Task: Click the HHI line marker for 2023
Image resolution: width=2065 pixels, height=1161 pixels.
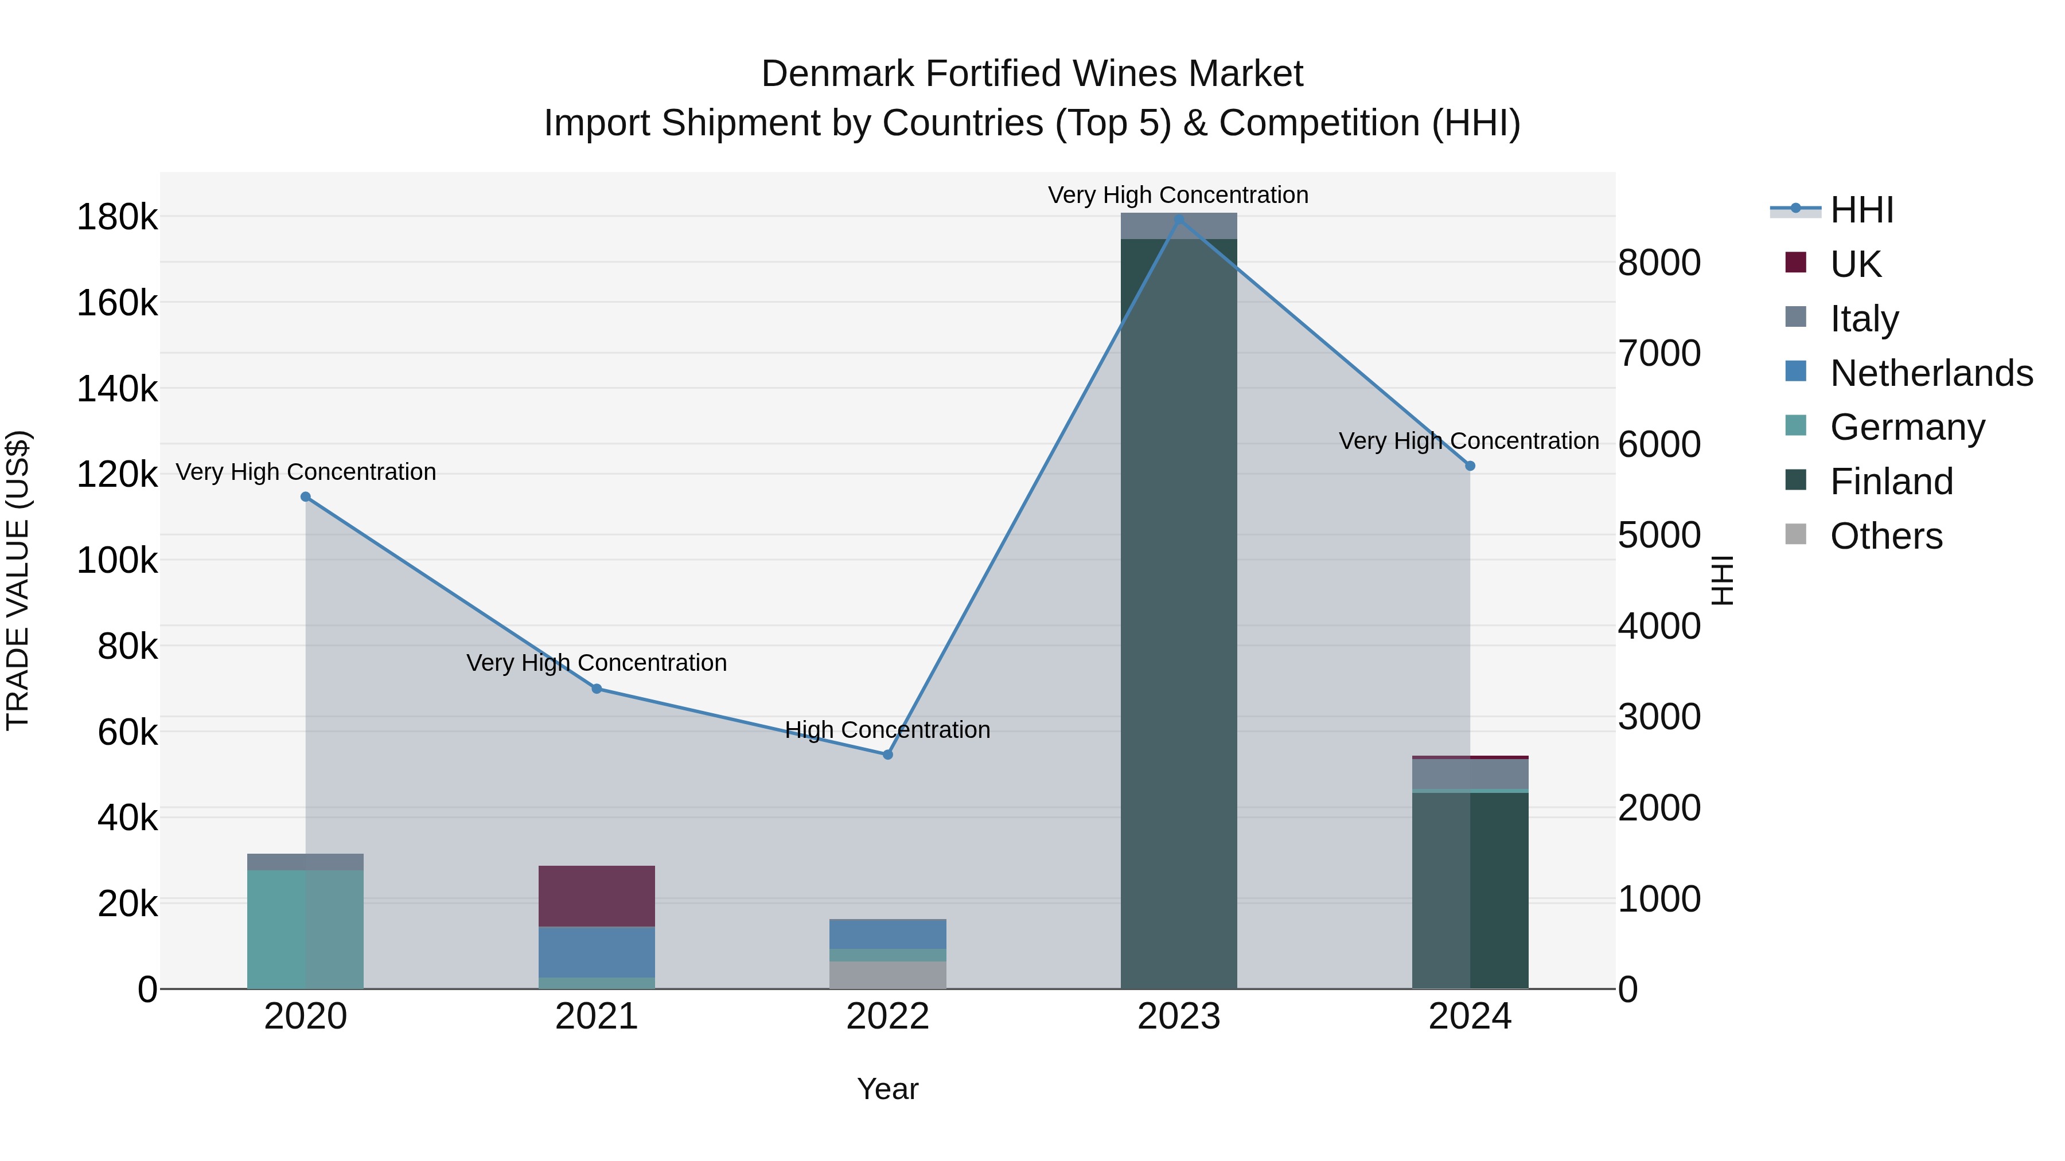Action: [1178, 220]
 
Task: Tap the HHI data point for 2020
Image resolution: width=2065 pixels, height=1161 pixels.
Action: [305, 497]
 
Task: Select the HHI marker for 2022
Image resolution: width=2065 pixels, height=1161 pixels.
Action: [887, 755]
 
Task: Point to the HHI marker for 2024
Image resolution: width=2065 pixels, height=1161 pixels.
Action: [1470, 466]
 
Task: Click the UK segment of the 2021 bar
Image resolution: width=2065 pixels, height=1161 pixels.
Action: [597, 896]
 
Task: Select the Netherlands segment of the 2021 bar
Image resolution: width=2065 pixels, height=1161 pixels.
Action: [597, 952]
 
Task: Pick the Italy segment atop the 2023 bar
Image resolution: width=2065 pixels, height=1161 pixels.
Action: [1178, 226]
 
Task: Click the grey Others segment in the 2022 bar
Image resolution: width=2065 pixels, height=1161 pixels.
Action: [887, 975]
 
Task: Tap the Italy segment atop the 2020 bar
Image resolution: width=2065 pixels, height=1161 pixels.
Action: [305, 861]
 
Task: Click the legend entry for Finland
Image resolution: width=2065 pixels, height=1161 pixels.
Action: [1892, 482]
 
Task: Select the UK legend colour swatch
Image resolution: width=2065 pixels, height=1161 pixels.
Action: [1795, 263]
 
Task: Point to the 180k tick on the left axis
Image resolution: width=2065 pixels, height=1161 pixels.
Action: [117, 217]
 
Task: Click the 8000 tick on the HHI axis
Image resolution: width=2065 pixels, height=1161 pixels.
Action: [1658, 263]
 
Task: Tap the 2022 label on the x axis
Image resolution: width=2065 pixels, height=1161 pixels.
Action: [887, 1017]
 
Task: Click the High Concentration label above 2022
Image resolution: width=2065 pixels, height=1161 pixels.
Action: [887, 730]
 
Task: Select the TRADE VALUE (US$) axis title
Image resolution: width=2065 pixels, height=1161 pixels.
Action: [18, 580]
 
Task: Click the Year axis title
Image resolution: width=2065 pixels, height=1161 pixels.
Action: [887, 1089]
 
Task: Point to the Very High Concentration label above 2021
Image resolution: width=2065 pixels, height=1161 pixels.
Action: [597, 663]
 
